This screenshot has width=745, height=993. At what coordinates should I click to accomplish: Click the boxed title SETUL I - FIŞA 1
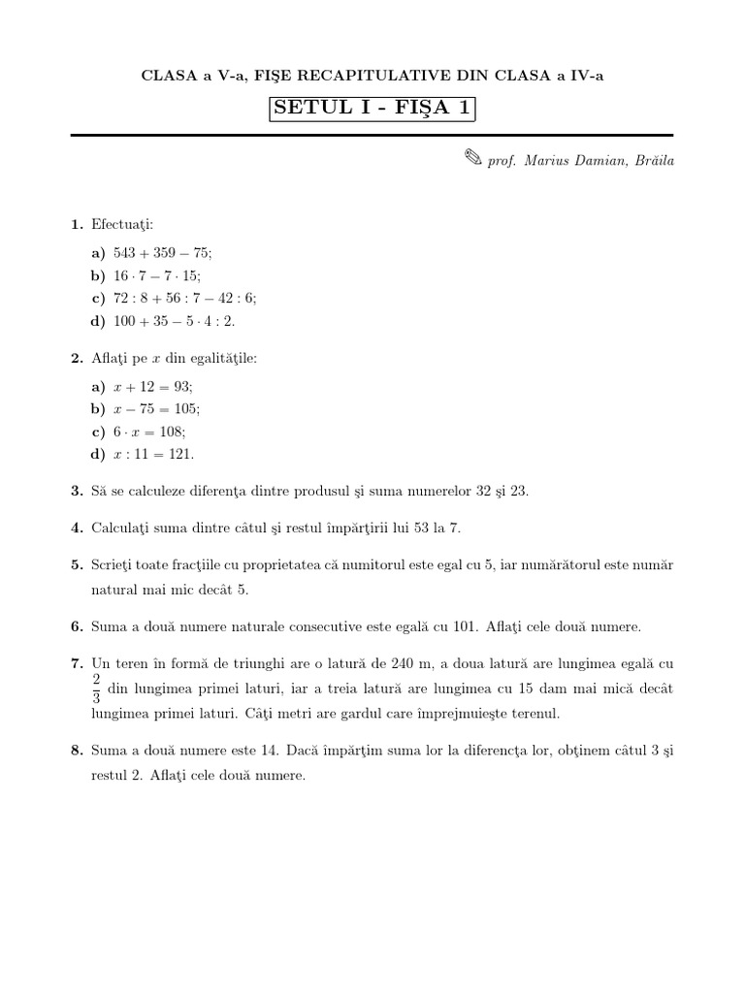click(x=372, y=109)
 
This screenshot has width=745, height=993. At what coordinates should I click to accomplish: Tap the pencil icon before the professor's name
click(x=472, y=159)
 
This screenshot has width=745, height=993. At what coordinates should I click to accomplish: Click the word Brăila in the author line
click(x=653, y=160)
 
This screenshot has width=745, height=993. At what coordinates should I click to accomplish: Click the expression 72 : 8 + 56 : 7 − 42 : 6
click(x=185, y=298)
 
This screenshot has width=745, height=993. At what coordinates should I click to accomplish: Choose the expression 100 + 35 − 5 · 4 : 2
click(x=174, y=320)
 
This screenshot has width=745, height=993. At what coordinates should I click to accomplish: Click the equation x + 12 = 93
click(x=153, y=386)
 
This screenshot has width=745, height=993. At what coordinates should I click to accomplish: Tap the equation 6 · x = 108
click(x=149, y=432)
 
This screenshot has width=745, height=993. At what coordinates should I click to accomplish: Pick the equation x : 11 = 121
click(x=153, y=454)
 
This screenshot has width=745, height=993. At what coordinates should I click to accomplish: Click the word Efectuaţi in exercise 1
click(x=115, y=225)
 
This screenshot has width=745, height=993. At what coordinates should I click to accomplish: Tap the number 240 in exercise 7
click(x=379, y=664)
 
